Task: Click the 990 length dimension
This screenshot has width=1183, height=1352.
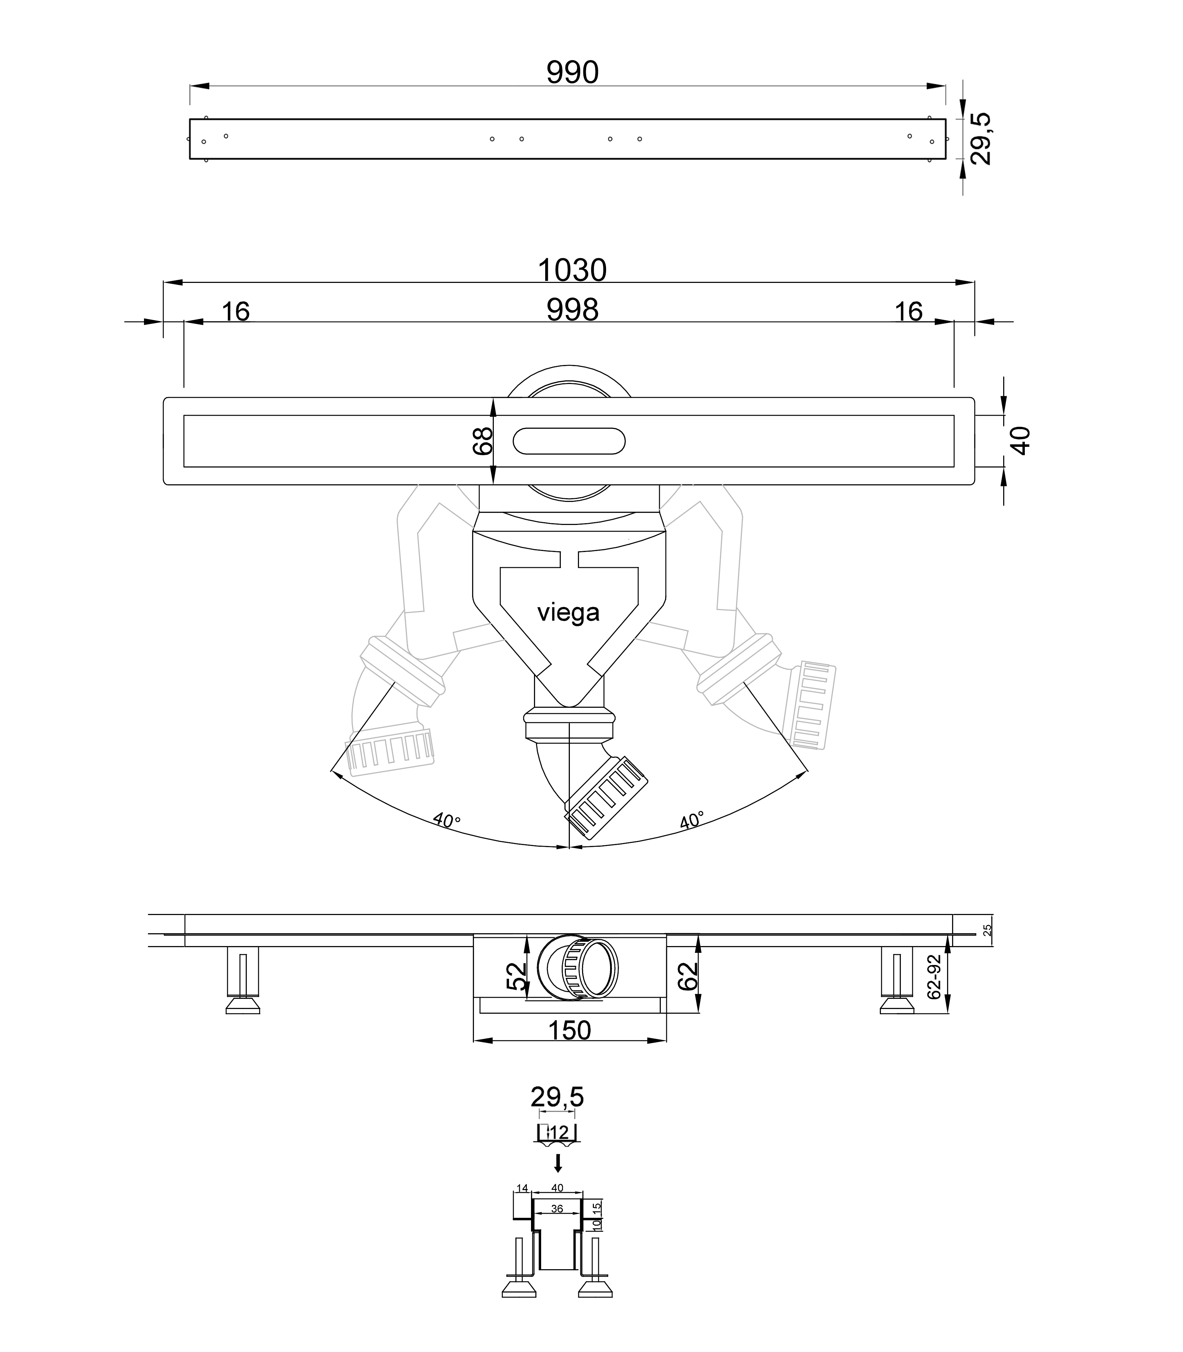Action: [572, 73]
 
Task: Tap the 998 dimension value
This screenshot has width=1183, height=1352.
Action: [572, 310]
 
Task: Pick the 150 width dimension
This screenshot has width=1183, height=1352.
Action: [570, 1031]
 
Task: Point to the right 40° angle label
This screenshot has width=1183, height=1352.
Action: [691, 820]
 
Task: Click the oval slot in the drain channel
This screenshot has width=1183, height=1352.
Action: [569, 441]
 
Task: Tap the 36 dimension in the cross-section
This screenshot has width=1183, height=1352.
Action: [556, 1209]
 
